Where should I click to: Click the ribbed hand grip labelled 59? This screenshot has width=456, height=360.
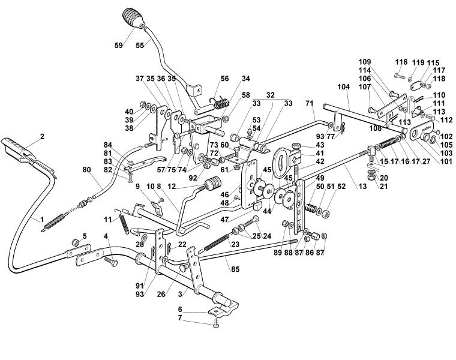[133, 18]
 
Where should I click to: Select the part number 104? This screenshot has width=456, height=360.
[343, 86]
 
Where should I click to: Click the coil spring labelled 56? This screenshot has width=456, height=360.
[222, 104]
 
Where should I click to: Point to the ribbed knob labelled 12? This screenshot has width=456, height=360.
[213, 185]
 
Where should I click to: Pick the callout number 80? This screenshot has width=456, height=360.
[86, 170]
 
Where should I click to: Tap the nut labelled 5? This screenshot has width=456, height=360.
[76, 242]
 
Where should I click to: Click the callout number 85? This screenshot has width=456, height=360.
[235, 269]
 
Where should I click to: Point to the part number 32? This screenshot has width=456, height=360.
[271, 95]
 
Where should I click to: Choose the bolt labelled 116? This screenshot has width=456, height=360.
[400, 76]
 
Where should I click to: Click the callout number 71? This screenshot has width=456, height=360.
[309, 103]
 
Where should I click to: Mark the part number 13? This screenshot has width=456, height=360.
[362, 187]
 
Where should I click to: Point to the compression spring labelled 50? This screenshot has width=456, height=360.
[311, 208]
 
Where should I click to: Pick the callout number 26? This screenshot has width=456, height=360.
[161, 294]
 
